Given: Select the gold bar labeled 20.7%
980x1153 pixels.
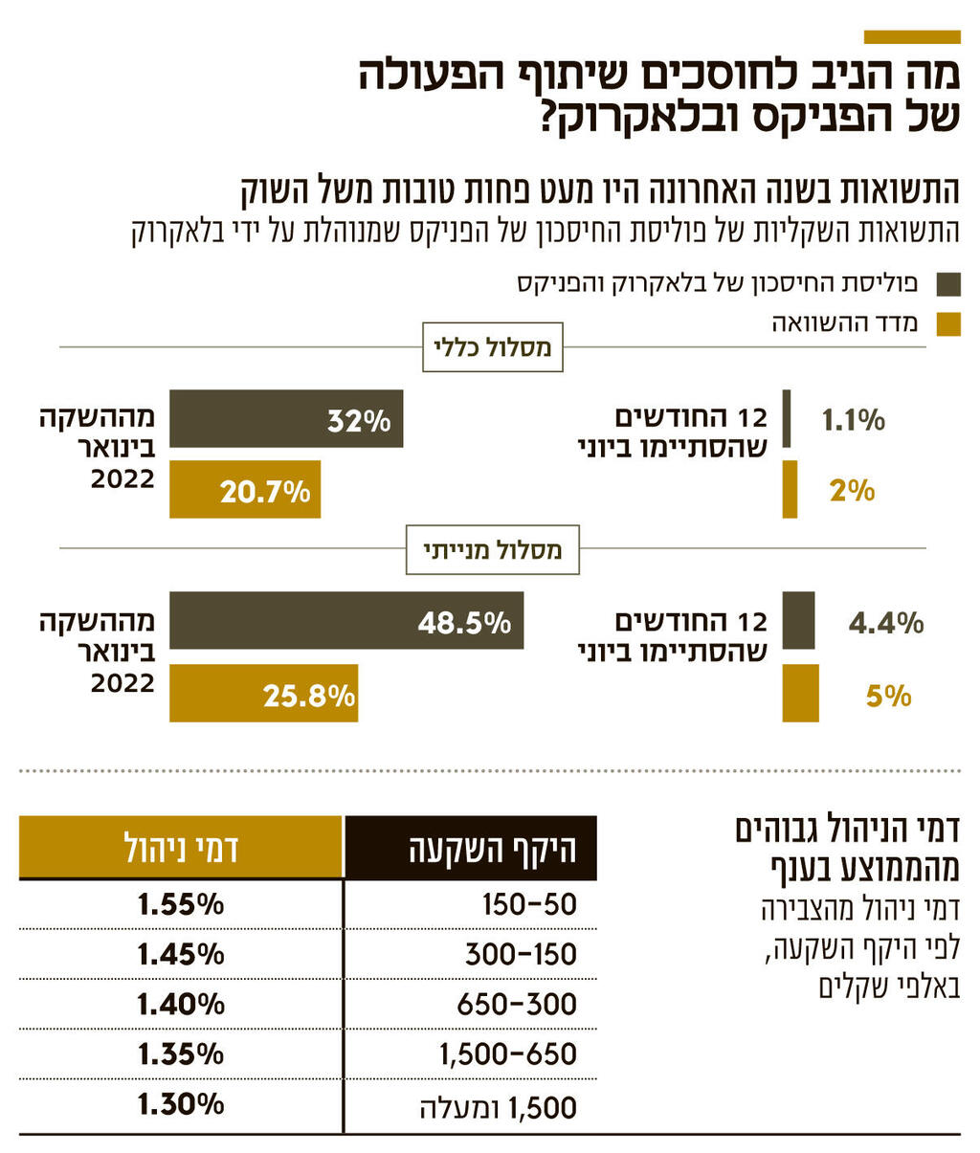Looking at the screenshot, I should tap(244, 490).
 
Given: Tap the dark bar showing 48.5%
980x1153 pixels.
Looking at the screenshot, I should tap(345, 621).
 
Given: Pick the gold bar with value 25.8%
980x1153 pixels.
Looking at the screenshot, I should tap(263, 694).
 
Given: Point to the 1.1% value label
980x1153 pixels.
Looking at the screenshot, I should tap(853, 420).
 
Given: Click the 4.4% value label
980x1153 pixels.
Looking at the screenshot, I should tap(885, 624).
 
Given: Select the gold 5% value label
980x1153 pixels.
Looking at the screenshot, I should tap(887, 696).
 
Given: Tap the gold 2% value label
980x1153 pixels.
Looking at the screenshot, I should tap(852, 491).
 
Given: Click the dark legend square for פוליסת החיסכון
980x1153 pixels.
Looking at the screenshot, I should tap(947, 284).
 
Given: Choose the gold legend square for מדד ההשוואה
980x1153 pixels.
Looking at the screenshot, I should tap(947, 323).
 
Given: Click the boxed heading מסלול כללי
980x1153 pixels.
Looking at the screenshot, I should tap(492, 346).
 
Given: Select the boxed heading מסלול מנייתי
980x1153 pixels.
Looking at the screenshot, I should tap(492, 550).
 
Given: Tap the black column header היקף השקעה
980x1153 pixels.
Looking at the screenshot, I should tap(471, 848).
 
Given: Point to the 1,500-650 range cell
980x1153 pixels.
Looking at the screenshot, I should tap(508, 1054).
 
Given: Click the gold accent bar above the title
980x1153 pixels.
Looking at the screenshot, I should tap(911, 37).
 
